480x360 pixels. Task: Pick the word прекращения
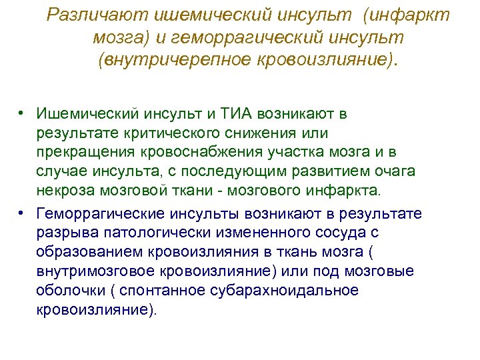[79, 153]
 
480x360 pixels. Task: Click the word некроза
[65, 191]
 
